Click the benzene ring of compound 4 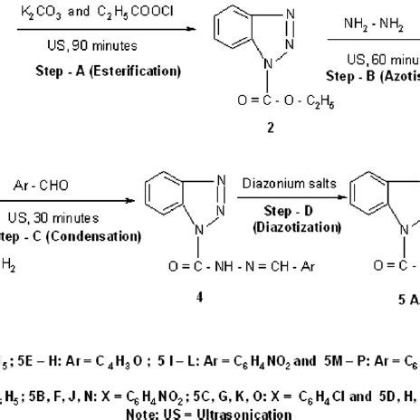pos(163,201)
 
